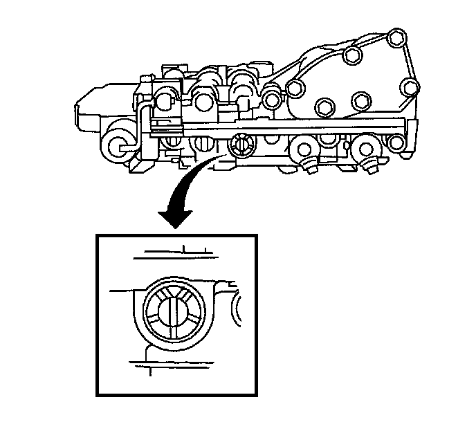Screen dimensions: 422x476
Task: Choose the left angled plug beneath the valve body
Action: point(309,165)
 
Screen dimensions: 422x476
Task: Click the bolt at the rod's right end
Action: point(395,143)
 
